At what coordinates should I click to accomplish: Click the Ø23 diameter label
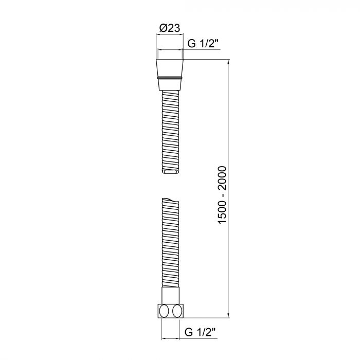(170, 28)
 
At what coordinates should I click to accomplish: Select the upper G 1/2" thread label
(203, 43)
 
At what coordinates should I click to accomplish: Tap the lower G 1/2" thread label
(200, 332)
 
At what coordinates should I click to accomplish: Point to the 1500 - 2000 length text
(222, 195)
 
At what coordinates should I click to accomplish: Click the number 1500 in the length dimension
(222, 212)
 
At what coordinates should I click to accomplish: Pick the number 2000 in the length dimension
(222, 178)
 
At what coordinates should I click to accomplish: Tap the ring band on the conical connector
(170, 78)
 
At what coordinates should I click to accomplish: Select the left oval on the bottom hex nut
(164, 311)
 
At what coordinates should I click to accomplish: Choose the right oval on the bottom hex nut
(177, 311)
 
